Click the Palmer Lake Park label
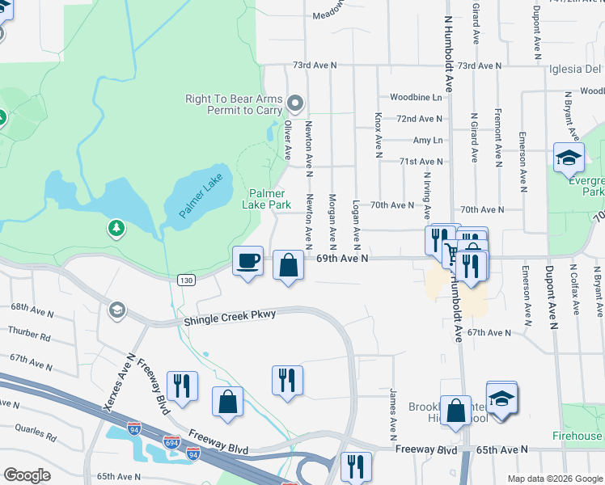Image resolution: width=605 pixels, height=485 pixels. (x=266, y=199)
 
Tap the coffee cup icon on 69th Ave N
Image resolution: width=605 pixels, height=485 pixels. (x=247, y=261)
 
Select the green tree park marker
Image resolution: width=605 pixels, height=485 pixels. (x=116, y=229)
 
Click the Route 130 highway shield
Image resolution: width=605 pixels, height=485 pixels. (x=186, y=279)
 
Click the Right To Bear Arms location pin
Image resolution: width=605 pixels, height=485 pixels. (x=294, y=103)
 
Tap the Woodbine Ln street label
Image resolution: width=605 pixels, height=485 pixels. (x=416, y=97)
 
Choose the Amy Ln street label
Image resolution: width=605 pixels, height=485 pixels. (x=428, y=140)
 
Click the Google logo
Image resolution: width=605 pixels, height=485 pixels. (x=27, y=475)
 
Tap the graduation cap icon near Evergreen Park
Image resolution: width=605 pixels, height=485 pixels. (x=568, y=158)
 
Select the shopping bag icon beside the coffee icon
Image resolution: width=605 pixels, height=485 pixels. (x=289, y=265)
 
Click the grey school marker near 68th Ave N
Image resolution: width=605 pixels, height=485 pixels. (x=117, y=310)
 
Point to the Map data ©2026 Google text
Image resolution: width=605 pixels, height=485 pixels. (x=554, y=479)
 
